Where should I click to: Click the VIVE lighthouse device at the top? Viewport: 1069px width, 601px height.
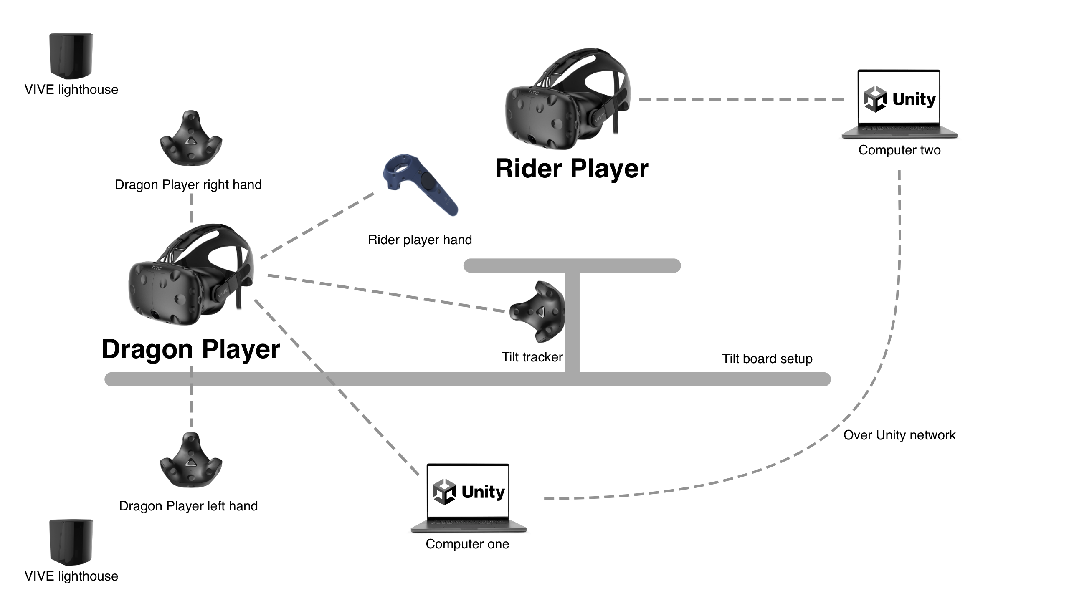click(x=71, y=56)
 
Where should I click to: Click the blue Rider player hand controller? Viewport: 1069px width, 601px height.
click(x=420, y=184)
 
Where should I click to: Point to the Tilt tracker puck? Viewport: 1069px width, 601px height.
click(x=537, y=311)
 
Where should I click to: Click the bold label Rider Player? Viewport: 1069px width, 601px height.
click(x=572, y=169)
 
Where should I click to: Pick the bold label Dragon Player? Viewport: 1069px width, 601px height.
click(x=191, y=349)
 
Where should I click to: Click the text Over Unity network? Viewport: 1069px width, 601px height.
click(x=899, y=435)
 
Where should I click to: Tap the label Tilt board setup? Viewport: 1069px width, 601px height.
click(x=767, y=359)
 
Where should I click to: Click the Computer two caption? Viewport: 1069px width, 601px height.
click(x=899, y=150)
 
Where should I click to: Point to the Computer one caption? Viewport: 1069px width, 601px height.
click(x=467, y=544)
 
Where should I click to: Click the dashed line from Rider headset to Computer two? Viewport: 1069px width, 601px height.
click(x=741, y=99)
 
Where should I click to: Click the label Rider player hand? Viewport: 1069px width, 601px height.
click(x=420, y=240)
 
